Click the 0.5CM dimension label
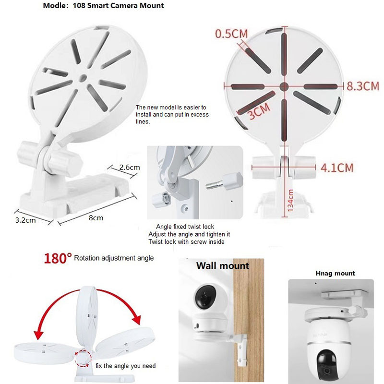[231, 34]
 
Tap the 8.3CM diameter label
[363, 86]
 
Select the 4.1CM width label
[337, 168]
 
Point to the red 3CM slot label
[259, 111]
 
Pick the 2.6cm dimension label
[130, 167]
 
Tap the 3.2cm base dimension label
[25, 220]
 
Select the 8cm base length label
[96, 218]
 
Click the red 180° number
[58, 258]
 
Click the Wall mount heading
[222, 266]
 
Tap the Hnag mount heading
[335, 273]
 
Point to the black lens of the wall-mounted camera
[205, 297]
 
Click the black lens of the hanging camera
[327, 364]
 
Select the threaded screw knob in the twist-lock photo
[225, 181]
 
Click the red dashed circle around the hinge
[83, 359]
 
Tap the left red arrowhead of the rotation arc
[38, 334]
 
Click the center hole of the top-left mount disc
[83, 78]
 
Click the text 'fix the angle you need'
[125, 366]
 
